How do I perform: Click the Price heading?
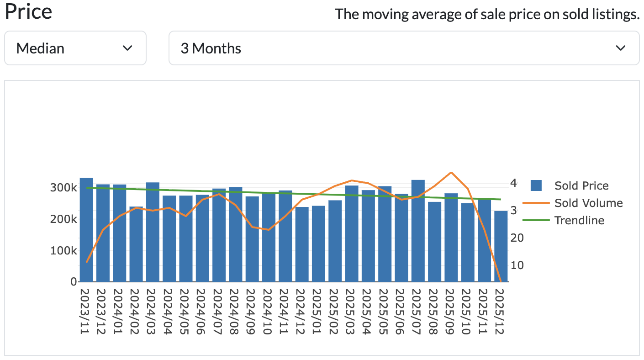(28, 12)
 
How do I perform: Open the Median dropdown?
(75, 48)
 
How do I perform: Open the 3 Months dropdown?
(404, 48)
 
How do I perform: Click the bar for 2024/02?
(136, 244)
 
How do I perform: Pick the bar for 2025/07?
(418, 231)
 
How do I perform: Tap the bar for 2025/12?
(501, 247)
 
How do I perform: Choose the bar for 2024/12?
(302, 244)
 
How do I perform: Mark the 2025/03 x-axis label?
(352, 312)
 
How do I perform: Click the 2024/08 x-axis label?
(236, 312)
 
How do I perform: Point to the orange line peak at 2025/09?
(451, 172)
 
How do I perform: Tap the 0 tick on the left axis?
(73, 282)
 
